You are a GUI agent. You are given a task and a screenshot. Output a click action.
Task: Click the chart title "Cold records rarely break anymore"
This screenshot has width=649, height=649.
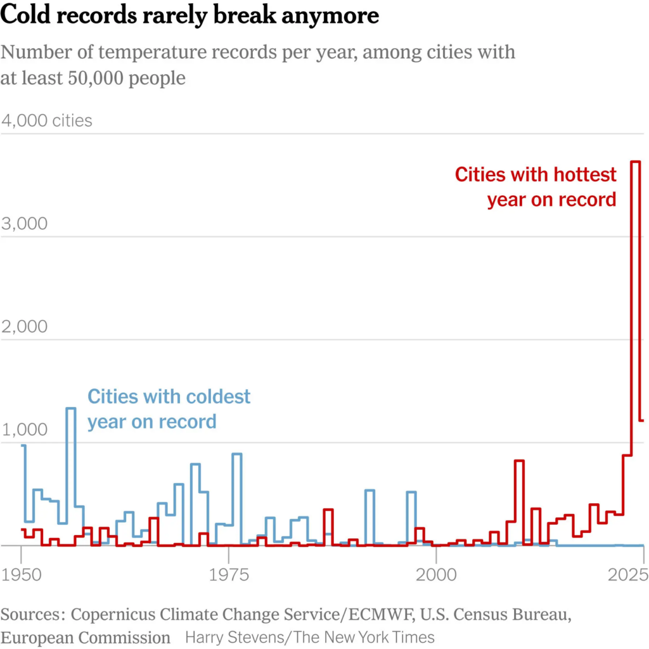pos(190,15)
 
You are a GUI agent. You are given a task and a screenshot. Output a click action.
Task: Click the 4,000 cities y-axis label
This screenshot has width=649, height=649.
pos(47,120)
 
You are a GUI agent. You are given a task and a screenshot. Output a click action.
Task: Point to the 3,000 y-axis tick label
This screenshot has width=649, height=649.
pos(25,224)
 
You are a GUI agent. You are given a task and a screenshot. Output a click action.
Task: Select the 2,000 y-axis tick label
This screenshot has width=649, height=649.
pos(25,327)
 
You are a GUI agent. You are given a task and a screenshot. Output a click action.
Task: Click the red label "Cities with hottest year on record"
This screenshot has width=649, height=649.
pos(536,187)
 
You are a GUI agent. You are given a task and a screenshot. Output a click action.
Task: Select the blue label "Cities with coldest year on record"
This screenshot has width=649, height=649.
pos(169,409)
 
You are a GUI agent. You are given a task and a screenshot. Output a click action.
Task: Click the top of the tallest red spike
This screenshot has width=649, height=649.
pos(636,162)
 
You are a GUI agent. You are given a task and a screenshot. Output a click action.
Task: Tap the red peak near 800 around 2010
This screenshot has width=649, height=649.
pos(519,461)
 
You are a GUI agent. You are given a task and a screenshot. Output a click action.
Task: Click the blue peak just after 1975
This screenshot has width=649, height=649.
pos(237,454)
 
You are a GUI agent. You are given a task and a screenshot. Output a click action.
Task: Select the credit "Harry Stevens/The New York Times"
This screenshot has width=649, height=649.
pos(310,637)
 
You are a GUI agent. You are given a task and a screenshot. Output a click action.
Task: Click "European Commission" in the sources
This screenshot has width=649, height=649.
pos(86,637)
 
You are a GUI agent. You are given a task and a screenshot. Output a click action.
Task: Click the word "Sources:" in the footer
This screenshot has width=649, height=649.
pos(33,615)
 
